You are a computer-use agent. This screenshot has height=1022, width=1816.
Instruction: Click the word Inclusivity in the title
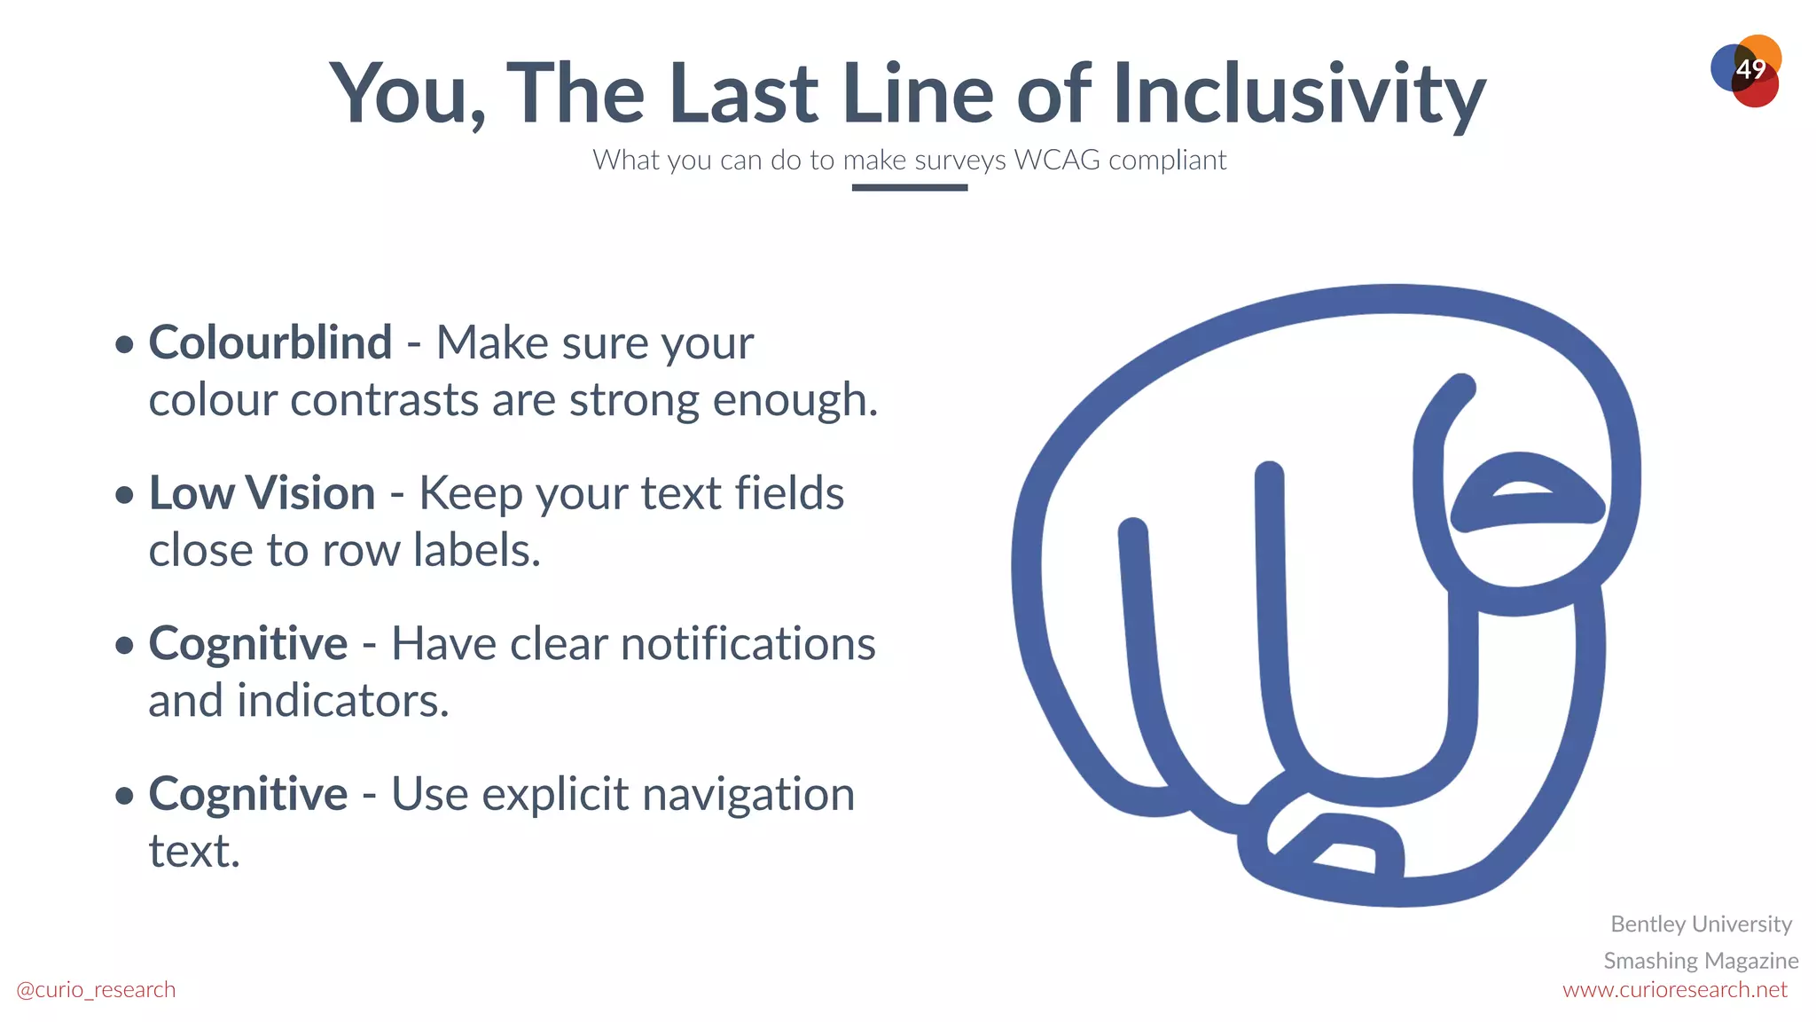1299,93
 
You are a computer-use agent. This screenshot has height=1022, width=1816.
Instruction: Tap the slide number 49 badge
1749,69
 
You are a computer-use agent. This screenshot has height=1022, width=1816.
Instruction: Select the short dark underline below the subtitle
909,187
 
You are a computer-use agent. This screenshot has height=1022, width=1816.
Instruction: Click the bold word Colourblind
270,342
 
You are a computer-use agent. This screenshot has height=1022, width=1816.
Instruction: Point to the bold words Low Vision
262,493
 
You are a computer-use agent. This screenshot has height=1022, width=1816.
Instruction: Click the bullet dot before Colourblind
125,344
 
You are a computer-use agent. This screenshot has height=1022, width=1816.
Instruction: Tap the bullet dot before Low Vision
125,495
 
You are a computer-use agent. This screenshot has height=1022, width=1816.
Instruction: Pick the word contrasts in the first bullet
385,400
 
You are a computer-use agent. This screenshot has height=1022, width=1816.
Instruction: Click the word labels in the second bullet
477,551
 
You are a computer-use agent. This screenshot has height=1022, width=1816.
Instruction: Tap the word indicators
343,701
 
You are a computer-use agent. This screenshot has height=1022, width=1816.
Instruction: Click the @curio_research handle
96,989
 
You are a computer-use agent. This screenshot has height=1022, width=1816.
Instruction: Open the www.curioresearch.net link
1674,989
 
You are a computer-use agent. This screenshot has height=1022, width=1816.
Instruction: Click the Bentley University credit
1701,924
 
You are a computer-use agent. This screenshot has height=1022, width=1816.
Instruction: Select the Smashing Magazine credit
1701,960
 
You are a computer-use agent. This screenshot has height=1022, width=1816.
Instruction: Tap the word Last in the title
743,93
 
